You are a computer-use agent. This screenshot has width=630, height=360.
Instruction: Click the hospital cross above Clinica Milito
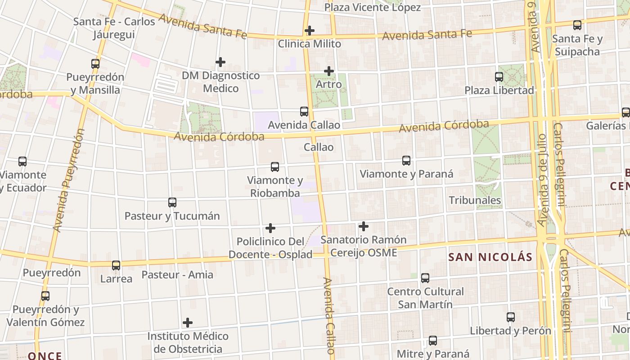309,31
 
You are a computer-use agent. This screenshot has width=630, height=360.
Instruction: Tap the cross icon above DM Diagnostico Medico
220,62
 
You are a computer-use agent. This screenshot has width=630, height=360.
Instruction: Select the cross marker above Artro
329,71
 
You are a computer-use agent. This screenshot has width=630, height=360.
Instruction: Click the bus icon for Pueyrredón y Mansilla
95,63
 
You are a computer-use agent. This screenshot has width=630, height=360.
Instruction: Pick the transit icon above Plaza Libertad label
499,77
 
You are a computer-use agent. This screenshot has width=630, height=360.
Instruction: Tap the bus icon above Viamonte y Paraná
406,161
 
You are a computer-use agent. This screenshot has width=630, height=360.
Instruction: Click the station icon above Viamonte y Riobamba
275,167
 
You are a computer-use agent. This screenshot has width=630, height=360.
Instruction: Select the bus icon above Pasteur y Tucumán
172,202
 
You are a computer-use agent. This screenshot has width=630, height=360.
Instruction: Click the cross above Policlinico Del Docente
270,228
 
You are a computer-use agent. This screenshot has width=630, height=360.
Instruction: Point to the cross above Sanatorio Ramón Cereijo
363,226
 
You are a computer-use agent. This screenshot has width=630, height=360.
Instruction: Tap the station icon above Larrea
116,265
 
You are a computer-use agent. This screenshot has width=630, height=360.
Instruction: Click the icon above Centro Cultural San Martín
425,278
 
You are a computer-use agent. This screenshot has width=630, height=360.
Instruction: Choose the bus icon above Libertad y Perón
511,317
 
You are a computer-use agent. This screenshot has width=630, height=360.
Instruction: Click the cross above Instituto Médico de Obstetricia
188,323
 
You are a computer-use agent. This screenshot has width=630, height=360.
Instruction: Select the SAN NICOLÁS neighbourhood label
490,257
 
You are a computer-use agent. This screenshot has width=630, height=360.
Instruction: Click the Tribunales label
475,200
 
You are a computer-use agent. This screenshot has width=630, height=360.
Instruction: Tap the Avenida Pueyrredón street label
69,180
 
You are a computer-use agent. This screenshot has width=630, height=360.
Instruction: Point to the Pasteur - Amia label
177,274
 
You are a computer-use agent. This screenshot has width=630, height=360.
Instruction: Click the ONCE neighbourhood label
45,355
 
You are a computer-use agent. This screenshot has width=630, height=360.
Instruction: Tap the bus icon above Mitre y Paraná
433,341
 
